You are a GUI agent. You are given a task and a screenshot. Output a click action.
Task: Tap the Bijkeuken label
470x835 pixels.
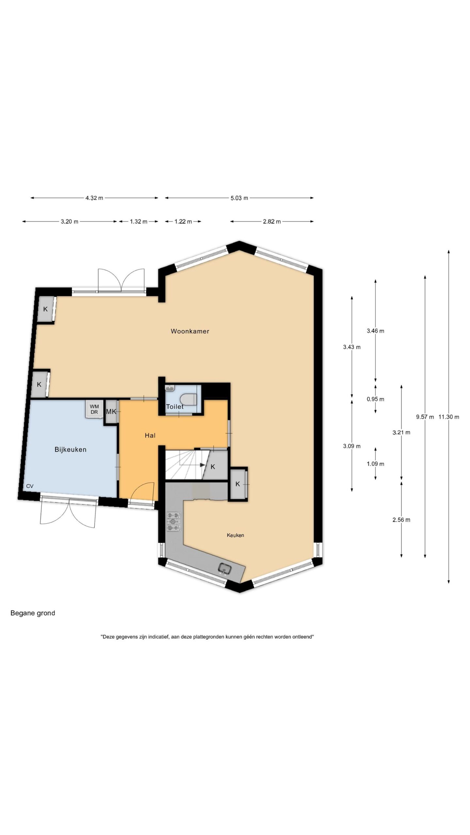point(70,449)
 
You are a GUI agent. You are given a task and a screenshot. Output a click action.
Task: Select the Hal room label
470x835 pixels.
point(150,435)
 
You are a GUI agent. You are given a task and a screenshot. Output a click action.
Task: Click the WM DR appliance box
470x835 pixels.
point(94,409)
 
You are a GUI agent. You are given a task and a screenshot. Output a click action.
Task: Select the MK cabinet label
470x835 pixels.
point(111,412)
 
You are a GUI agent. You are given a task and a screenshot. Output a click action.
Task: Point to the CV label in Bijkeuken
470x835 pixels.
point(30,486)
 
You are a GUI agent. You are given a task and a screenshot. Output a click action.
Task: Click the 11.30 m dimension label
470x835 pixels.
point(449,417)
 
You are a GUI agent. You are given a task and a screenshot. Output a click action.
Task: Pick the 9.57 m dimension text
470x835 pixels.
point(425,417)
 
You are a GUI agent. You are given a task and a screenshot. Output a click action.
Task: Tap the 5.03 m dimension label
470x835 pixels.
point(239,198)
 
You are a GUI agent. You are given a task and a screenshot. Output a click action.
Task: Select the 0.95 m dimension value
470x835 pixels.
point(375,399)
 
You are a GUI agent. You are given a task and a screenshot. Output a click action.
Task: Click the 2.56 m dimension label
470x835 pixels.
point(401,520)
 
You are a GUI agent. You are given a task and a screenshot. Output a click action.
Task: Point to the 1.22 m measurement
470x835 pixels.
point(183,221)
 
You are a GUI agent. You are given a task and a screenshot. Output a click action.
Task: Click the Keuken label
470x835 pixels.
point(235,535)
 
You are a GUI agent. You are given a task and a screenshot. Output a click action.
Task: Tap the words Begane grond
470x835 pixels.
point(33,613)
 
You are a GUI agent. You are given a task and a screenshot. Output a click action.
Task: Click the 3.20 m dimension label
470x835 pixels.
point(70,221)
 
